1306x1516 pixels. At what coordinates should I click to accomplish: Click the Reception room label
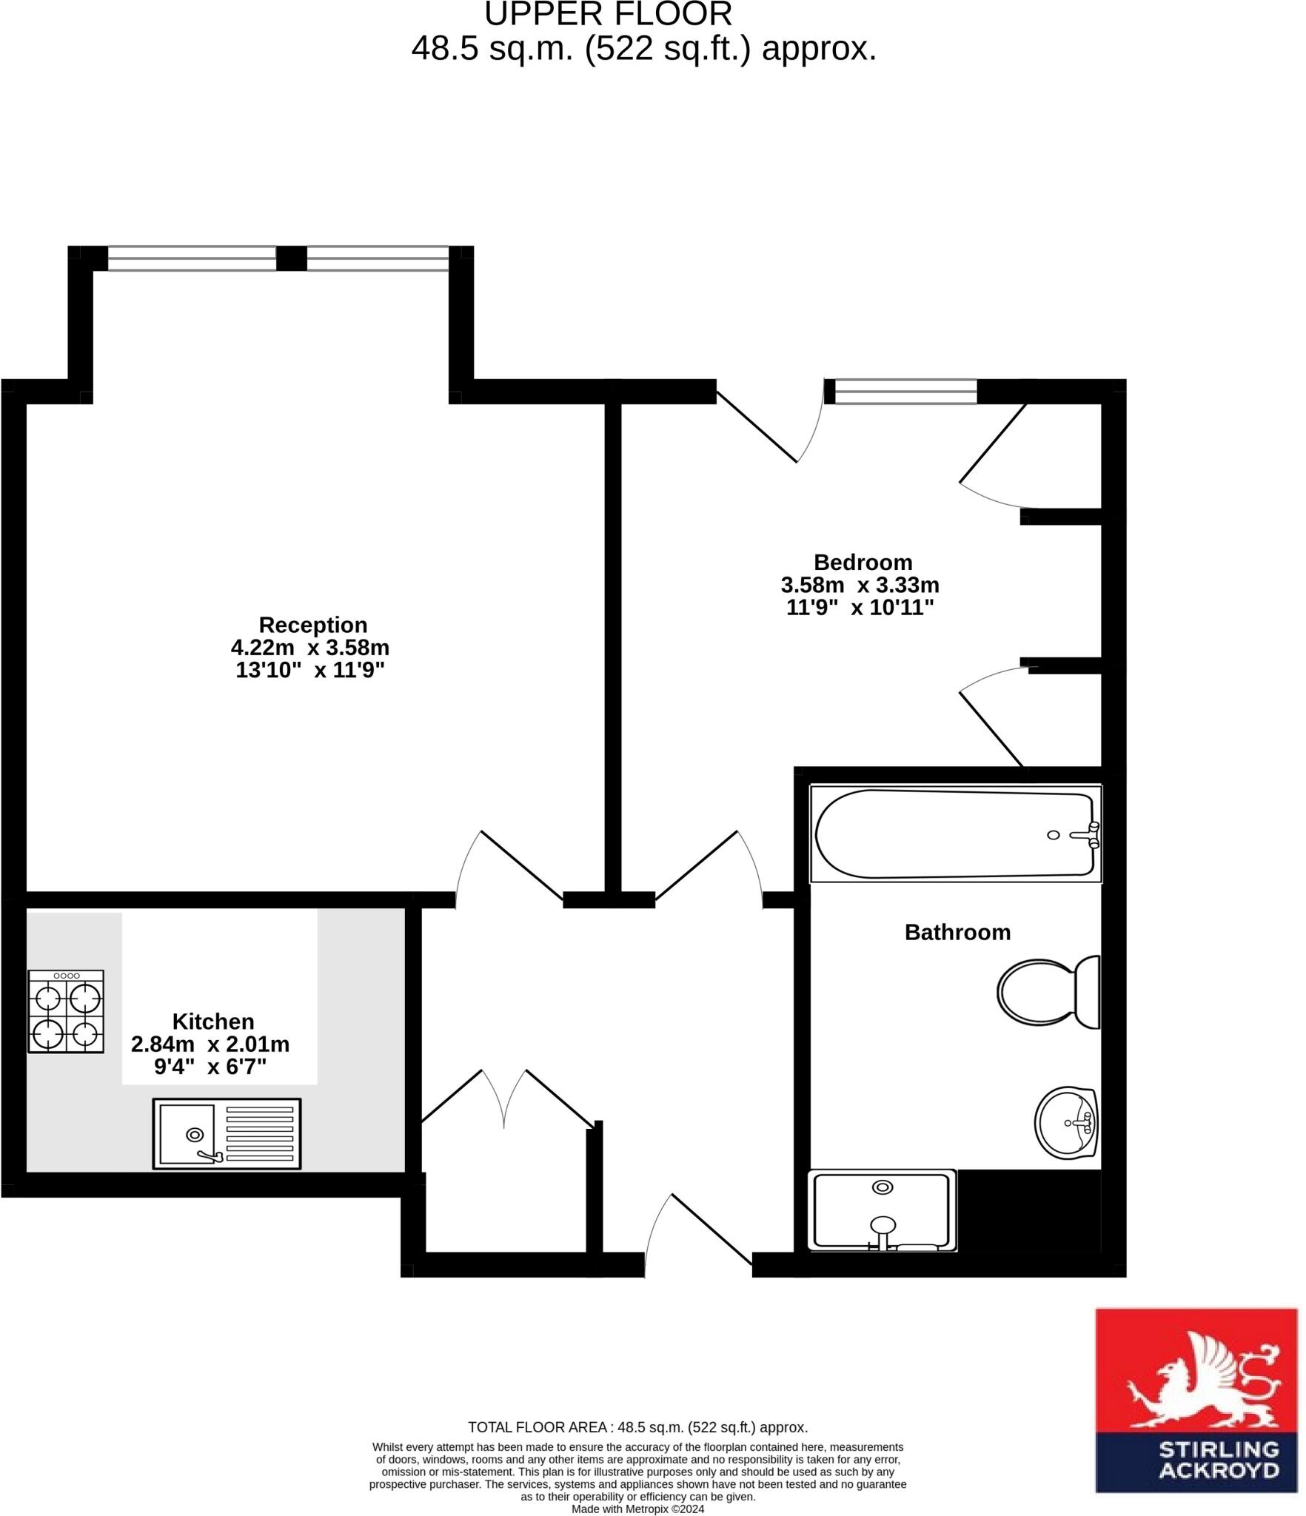(x=312, y=625)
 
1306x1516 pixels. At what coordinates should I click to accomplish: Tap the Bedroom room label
(x=863, y=562)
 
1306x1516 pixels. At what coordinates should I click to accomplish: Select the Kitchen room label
(x=213, y=1022)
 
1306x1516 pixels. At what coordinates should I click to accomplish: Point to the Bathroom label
(x=957, y=932)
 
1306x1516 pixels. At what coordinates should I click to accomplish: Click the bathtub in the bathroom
(x=955, y=834)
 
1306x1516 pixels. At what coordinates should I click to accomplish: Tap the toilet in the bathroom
(x=1048, y=992)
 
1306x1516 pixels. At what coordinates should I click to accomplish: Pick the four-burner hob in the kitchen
(x=66, y=1011)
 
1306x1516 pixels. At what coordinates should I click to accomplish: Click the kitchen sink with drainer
(x=227, y=1133)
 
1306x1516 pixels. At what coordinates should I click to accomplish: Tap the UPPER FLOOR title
(x=608, y=15)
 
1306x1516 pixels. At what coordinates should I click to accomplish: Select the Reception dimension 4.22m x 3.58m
(x=310, y=648)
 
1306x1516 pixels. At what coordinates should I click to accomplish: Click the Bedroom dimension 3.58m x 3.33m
(x=860, y=585)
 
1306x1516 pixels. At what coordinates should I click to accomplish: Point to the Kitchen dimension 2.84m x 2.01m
(x=210, y=1044)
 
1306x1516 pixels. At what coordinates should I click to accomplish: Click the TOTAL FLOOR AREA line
(x=637, y=1427)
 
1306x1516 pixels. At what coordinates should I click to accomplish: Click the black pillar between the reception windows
(x=292, y=258)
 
